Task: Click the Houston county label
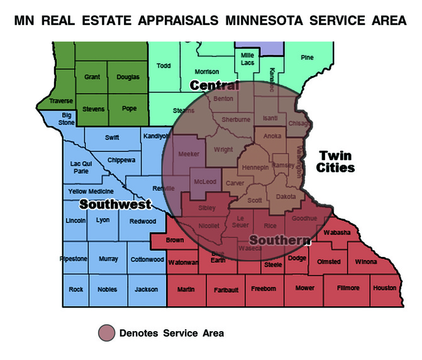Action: pos(385,288)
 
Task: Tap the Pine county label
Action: pos(307,58)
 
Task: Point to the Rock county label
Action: pos(76,289)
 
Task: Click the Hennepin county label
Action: pos(255,168)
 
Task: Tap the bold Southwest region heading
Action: pos(115,204)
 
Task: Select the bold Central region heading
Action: pos(214,85)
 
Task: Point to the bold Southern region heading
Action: pos(280,240)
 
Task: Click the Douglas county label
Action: pos(128,77)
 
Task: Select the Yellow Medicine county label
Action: pos(91,191)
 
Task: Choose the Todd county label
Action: pos(164,65)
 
